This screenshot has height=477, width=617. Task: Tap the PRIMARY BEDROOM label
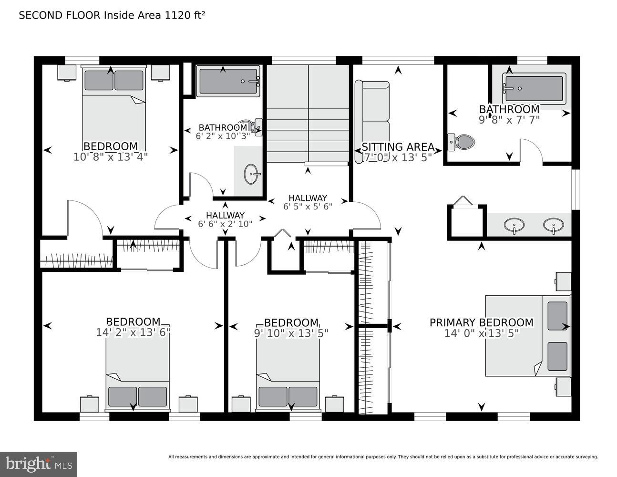coord(481,323)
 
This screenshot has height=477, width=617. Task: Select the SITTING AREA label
coord(398,147)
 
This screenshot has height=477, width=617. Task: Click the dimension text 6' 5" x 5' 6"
coord(308,207)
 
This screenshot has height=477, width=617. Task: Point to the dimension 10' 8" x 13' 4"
coord(111,157)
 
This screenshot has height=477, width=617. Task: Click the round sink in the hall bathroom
coord(251,175)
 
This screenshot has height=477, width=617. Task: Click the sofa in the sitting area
coord(372,122)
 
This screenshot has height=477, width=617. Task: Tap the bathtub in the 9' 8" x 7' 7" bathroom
coord(534,89)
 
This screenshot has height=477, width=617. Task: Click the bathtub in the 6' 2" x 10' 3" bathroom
coord(228,81)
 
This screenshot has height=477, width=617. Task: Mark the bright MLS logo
coord(38,464)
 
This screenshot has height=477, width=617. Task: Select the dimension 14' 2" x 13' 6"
coord(133,332)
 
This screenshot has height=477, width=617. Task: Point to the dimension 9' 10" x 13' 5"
coord(291,333)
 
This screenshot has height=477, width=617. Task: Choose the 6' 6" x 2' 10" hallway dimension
coord(225,224)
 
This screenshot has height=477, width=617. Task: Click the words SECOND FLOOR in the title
coord(60,15)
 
